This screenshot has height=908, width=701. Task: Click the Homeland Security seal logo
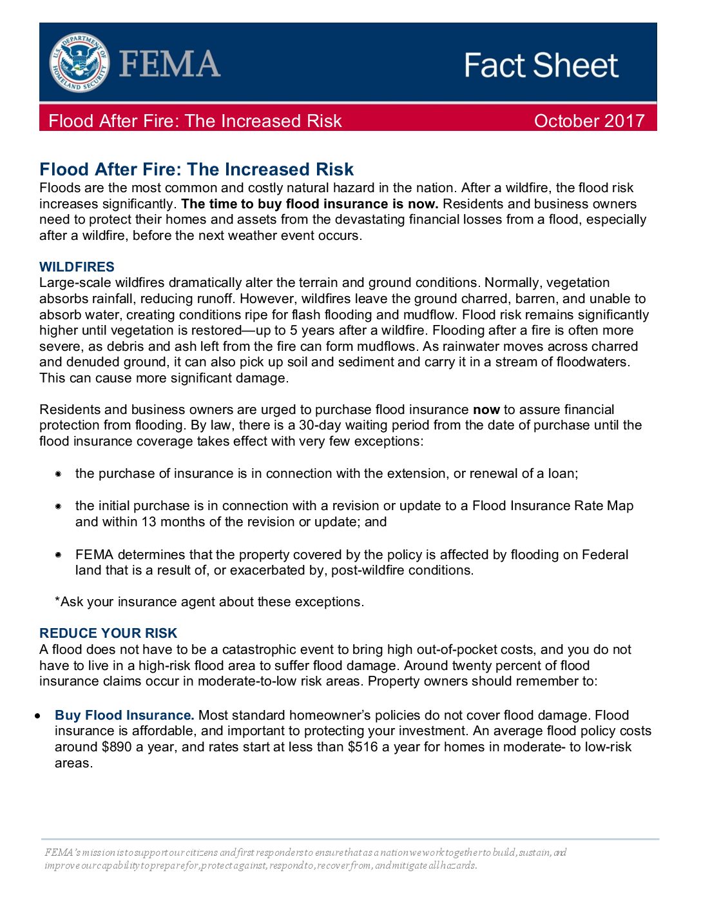click(79, 63)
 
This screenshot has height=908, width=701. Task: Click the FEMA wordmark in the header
click(169, 64)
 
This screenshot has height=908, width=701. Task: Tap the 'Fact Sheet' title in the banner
click(541, 65)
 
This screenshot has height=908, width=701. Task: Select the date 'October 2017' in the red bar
click(589, 121)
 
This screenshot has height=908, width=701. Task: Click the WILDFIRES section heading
click(77, 267)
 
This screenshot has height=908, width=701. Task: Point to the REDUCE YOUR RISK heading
click(108, 633)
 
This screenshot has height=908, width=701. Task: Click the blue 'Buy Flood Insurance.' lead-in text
click(124, 715)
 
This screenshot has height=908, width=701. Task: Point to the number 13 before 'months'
click(149, 522)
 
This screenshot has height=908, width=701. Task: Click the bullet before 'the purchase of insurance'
click(58, 474)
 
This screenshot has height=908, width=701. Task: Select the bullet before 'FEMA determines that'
click(58, 555)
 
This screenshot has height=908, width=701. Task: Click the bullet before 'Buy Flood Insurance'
click(39, 716)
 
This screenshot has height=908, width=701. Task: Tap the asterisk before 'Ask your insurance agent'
click(57, 600)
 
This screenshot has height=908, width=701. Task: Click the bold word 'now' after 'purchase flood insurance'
click(486, 410)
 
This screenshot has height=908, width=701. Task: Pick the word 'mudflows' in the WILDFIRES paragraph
click(390, 346)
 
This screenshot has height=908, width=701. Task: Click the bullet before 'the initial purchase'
click(58, 506)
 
